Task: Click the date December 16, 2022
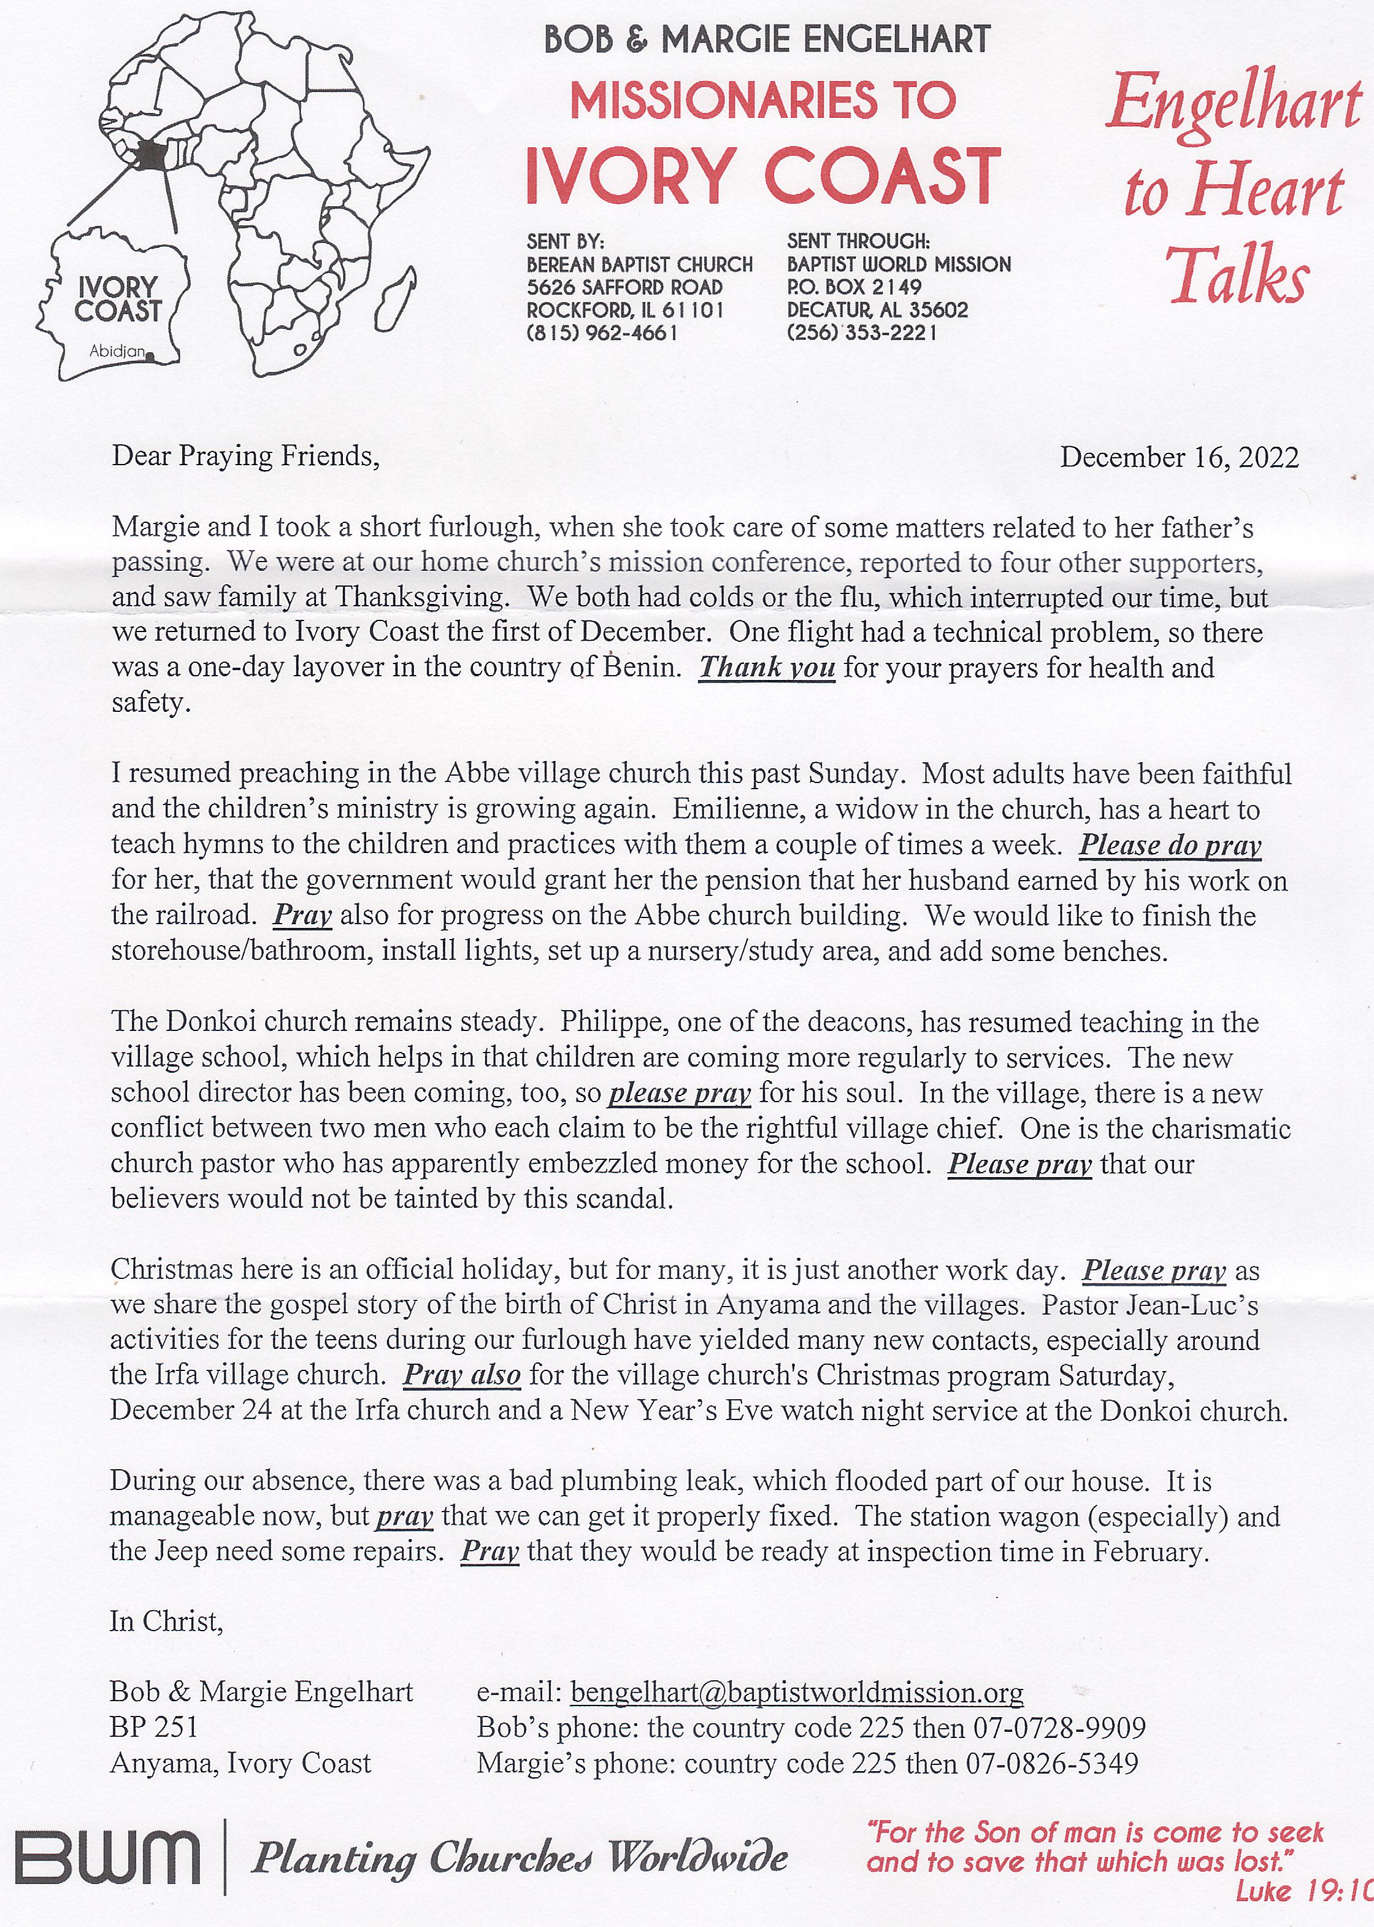point(1178,458)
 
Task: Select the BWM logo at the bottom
point(107,1858)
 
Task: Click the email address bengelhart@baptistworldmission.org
point(797,1692)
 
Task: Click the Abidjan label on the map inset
point(117,350)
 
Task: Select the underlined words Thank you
point(767,668)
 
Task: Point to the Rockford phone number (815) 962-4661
point(602,333)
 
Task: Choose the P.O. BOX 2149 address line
point(854,287)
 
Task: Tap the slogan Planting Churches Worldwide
point(520,1858)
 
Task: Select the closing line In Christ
point(166,1621)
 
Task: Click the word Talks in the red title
point(1238,276)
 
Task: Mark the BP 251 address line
point(153,1728)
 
